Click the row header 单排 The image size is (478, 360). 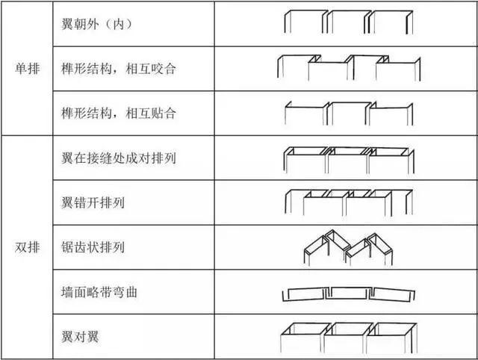[x=28, y=68]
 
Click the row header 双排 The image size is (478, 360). [x=28, y=247]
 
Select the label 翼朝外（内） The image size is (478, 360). [x=97, y=24]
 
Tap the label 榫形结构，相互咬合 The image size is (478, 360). [x=119, y=69]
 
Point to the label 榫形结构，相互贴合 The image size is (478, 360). [x=119, y=113]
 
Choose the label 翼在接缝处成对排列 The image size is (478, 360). [x=119, y=158]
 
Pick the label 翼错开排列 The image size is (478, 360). [x=93, y=202]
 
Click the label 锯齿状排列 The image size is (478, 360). [x=93, y=247]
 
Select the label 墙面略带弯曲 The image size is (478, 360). [x=99, y=292]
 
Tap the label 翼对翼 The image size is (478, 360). [x=80, y=337]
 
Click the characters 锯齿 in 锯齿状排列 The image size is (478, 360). [x=74, y=247]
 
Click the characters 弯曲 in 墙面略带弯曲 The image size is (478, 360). [x=125, y=292]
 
